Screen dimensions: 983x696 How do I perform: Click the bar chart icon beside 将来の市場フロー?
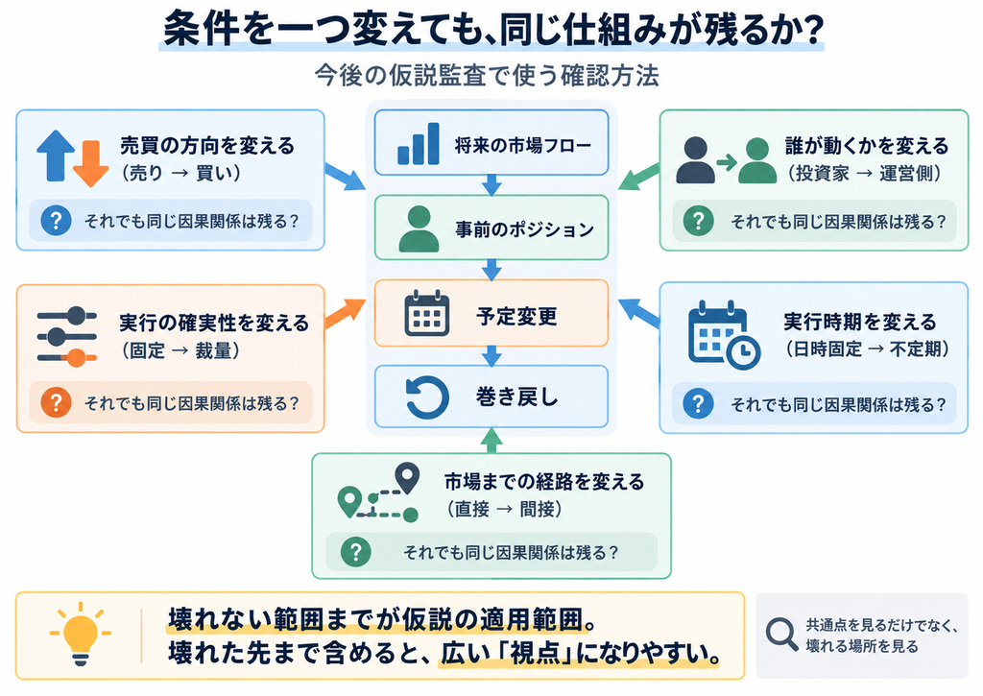(419, 144)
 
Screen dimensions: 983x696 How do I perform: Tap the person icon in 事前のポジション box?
(419, 228)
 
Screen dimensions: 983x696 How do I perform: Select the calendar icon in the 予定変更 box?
(427, 313)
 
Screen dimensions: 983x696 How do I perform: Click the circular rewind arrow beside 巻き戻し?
(427, 396)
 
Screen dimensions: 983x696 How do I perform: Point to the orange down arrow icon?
(91, 163)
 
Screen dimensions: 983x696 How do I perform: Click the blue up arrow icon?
(56, 156)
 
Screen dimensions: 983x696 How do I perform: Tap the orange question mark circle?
(56, 402)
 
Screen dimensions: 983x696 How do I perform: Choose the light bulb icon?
(81, 634)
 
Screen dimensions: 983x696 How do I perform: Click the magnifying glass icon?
(781, 635)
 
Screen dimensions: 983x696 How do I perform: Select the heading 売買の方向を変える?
(207, 146)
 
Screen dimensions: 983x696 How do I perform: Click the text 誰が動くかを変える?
(867, 146)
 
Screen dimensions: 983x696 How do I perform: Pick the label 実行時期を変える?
(859, 322)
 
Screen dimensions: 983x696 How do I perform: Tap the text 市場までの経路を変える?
(544, 482)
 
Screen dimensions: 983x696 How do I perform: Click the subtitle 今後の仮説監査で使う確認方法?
(487, 75)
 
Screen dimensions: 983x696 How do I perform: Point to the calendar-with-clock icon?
(724, 335)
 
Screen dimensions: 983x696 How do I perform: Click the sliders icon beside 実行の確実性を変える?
(67, 336)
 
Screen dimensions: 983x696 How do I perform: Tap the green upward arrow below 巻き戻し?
(491, 441)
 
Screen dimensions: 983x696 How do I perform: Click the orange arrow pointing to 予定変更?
(345, 313)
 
